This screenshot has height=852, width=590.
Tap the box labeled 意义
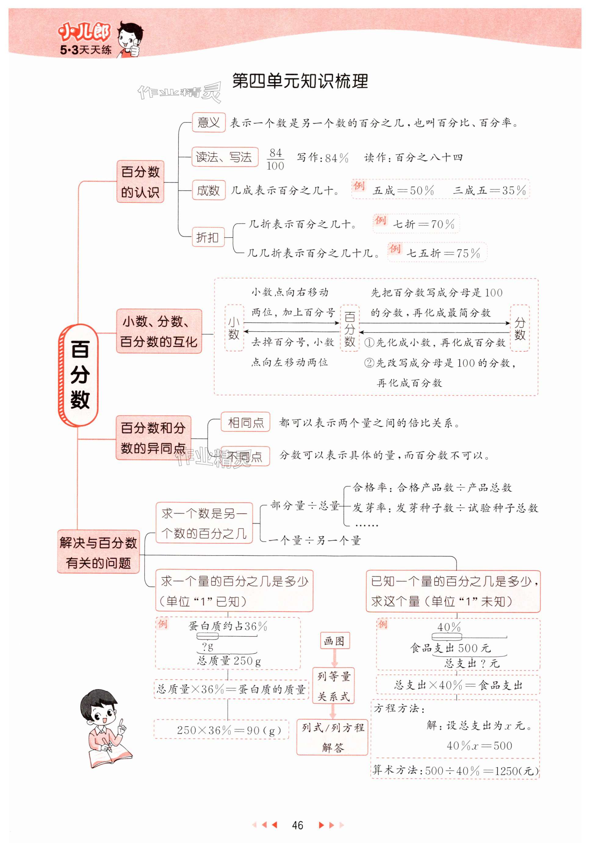coord(208,122)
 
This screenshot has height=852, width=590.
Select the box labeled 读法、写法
coord(225,157)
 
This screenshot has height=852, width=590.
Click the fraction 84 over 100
coord(275,159)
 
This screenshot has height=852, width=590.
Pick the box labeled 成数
coord(208,191)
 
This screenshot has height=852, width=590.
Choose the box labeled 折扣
coord(208,237)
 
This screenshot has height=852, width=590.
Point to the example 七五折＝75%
coord(443,253)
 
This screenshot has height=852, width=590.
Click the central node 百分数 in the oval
coord(79,374)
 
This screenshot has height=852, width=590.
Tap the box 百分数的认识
coord(140,182)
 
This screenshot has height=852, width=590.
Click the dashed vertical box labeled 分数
coord(520,329)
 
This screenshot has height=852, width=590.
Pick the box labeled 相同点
coord(246,422)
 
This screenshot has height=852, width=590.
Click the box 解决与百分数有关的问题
coord(98,553)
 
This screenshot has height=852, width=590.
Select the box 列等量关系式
coord(333,686)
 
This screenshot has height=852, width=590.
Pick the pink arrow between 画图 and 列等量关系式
coord(334,658)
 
